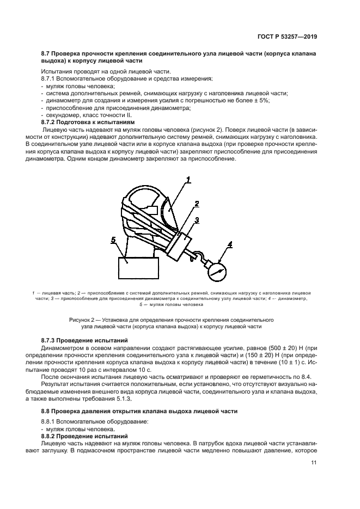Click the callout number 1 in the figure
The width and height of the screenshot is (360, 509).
pos(188,179)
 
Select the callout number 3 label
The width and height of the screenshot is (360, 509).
pos(198,220)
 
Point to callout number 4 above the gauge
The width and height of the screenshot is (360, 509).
pos(230,244)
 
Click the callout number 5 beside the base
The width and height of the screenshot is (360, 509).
pos(113,240)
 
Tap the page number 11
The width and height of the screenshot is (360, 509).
pos(314,463)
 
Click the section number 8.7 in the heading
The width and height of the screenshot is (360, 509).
pos(47,54)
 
